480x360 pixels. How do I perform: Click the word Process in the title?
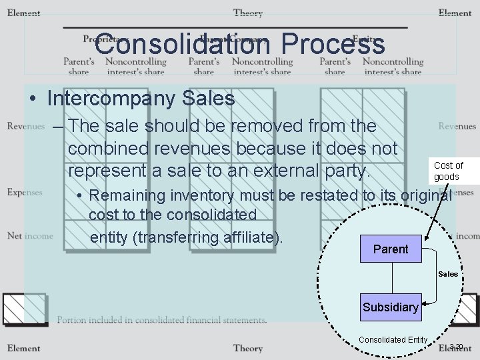[x=333, y=45]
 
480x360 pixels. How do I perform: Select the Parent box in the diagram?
[x=391, y=249]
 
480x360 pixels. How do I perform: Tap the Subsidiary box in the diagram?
[x=390, y=307]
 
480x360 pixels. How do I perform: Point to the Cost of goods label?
[x=448, y=171]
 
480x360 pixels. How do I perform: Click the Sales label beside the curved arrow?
[x=448, y=274]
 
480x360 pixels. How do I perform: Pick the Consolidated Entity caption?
[x=392, y=340]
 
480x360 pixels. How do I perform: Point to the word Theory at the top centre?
[x=247, y=13]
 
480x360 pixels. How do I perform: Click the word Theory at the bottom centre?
[x=247, y=348]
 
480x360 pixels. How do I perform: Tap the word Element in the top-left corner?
[x=23, y=13]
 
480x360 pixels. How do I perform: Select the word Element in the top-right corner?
[x=455, y=13]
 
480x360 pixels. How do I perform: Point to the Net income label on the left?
[x=29, y=235]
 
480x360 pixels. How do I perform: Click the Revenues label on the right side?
[x=457, y=126]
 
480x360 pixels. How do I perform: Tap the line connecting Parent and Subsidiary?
[x=391, y=277]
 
